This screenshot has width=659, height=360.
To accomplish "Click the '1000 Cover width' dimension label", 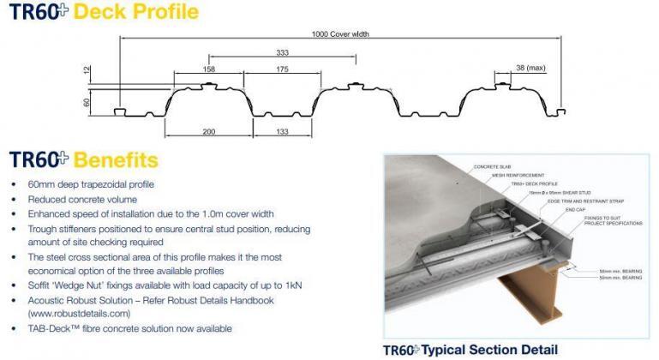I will tap(340, 34).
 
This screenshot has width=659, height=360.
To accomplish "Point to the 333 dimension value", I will tap(282, 53).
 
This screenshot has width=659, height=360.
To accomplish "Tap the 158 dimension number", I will tap(209, 69).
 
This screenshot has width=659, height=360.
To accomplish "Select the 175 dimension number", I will tap(282, 69).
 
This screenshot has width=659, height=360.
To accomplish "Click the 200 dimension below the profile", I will tap(208, 131).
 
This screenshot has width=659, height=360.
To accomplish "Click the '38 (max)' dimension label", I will tap(531, 68).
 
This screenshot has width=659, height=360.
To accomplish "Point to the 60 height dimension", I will tap(87, 102).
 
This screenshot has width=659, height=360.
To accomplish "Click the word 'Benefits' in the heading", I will tap(116, 160).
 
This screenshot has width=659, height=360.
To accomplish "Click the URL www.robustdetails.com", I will tap(76, 314).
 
